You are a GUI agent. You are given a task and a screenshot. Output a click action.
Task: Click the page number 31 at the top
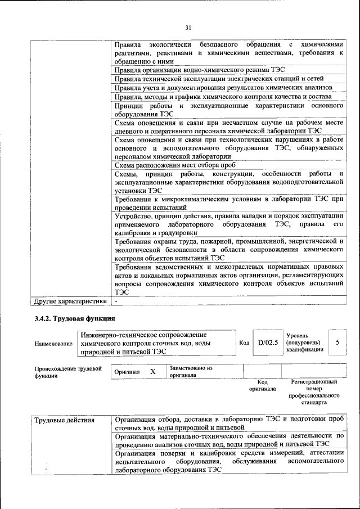tap(188, 26)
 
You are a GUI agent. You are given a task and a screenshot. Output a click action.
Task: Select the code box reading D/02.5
tap(268, 342)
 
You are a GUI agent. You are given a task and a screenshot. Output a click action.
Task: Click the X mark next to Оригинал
tap(152, 372)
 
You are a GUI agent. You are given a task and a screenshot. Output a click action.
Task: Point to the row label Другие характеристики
tap(70, 301)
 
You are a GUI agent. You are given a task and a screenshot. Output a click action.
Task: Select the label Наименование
tap(53, 343)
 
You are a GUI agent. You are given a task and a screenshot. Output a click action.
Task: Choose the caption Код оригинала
tap(262, 385)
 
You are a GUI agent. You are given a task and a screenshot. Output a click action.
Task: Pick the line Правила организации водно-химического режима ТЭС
tap(200, 70)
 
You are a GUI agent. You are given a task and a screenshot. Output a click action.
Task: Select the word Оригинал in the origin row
tap(127, 372)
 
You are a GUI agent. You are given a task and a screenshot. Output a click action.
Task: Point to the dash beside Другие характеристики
tap(115, 301)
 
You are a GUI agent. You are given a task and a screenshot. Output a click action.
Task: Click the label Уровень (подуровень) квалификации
tap(304, 342)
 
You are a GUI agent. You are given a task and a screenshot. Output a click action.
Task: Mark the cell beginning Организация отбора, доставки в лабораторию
tap(228, 424)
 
